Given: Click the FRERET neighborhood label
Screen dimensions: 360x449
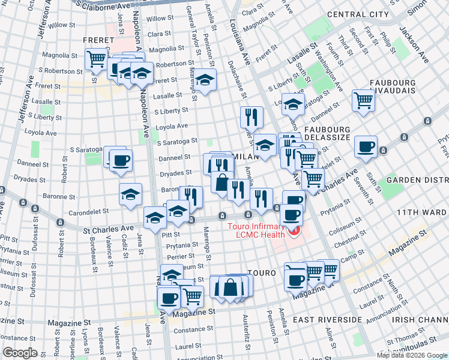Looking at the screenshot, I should (x=98, y=40).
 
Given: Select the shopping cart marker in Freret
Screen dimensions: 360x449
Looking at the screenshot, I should (x=96, y=60).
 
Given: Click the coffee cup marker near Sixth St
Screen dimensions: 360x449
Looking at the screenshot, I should (x=365, y=147).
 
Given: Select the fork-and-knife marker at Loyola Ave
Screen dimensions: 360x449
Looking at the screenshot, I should (x=251, y=117).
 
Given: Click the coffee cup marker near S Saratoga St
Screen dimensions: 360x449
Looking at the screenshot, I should (x=121, y=161).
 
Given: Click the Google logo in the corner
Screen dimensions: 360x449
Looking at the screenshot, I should (x=20, y=353).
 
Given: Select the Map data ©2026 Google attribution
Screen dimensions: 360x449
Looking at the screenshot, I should (x=411, y=355).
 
